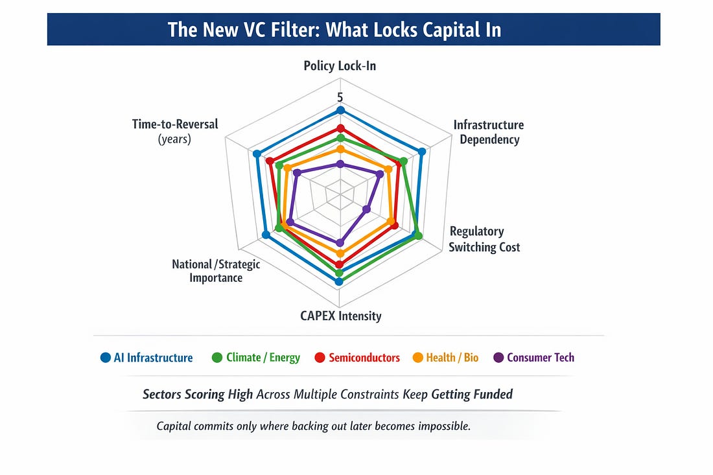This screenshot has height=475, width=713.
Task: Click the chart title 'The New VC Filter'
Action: (334, 30)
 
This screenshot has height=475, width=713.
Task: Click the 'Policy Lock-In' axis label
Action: (340, 65)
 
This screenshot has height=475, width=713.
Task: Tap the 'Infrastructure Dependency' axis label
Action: (488, 132)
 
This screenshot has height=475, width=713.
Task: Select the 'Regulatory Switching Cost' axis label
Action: (484, 239)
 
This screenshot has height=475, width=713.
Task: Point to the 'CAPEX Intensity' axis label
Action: (340, 316)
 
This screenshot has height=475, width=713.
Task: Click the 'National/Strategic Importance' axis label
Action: (216, 271)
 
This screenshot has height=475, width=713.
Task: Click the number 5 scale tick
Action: (340, 97)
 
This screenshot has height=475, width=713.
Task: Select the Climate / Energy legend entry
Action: (256, 358)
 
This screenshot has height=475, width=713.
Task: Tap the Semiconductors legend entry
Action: (357, 358)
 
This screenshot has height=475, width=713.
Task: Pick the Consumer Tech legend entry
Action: (534, 358)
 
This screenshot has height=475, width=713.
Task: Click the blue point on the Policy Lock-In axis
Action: (340, 111)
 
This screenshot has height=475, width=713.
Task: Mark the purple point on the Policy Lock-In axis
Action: (340, 164)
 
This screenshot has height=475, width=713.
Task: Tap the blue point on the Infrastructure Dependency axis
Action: (422, 152)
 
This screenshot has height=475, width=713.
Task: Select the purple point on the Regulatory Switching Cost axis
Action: (366, 209)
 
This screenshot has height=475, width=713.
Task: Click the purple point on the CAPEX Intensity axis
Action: (339, 243)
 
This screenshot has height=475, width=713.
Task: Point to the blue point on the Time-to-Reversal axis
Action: (257, 154)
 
